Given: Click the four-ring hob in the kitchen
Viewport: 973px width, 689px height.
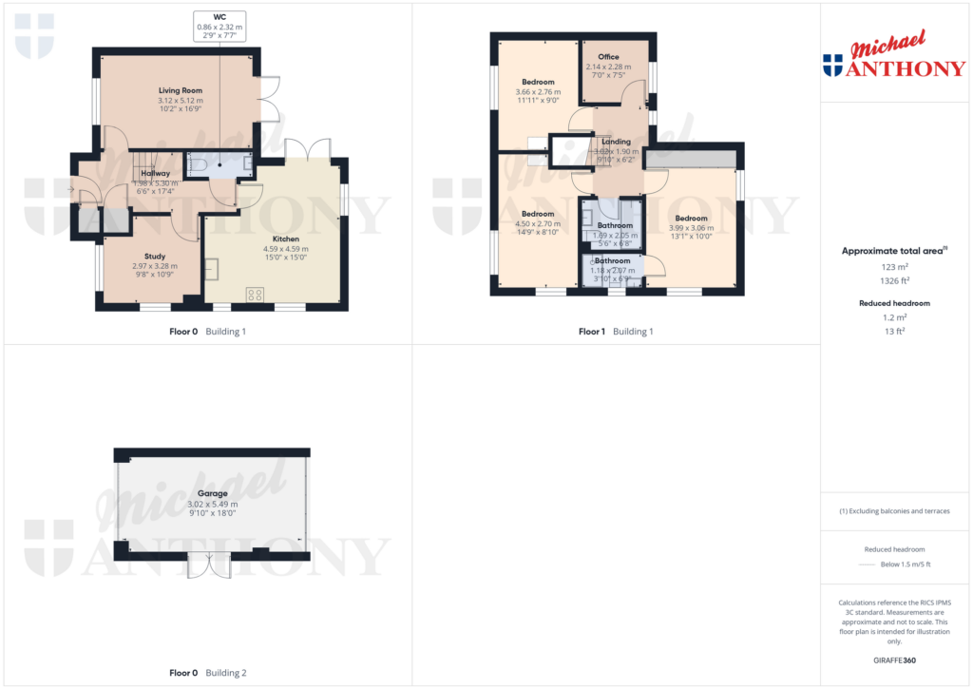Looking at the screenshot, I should [255, 295].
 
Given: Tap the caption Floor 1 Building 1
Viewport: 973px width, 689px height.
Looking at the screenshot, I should [616, 332].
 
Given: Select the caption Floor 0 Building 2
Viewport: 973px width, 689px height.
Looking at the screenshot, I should [207, 673].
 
